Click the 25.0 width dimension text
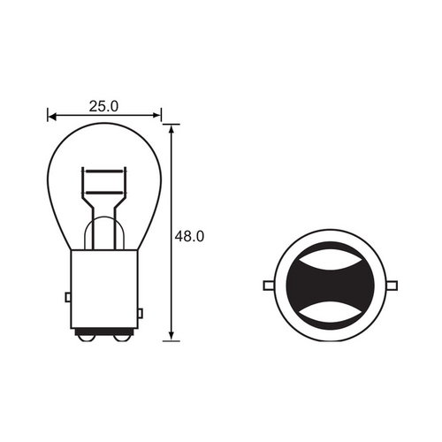point(103,106)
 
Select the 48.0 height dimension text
point(190,236)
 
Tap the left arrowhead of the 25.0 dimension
point(51,115)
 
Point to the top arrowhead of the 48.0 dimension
point(172,129)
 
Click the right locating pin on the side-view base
point(141,314)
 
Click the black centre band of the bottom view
point(331,285)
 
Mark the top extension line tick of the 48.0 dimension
point(172,124)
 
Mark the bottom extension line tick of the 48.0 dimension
point(172,340)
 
